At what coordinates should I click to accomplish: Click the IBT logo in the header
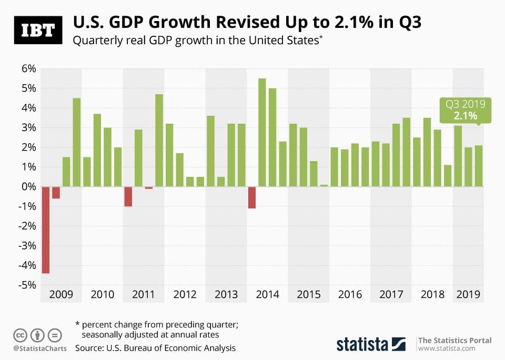coord(37,30)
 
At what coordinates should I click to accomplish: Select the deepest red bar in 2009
coord(46,229)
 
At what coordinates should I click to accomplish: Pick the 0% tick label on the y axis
coord(28,187)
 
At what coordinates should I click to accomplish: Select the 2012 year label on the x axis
coord(185,294)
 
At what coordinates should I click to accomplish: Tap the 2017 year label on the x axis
coord(391,294)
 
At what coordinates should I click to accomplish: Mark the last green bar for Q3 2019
coord(478,166)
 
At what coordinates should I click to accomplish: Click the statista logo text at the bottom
coord(362,344)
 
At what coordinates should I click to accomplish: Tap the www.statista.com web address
coord(447,348)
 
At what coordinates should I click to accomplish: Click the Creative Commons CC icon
coord(20,335)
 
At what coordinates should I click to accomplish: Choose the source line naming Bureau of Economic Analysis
coord(155,348)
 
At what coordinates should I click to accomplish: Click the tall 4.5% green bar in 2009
coord(77,143)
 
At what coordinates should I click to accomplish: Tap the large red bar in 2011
coord(128,196)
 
